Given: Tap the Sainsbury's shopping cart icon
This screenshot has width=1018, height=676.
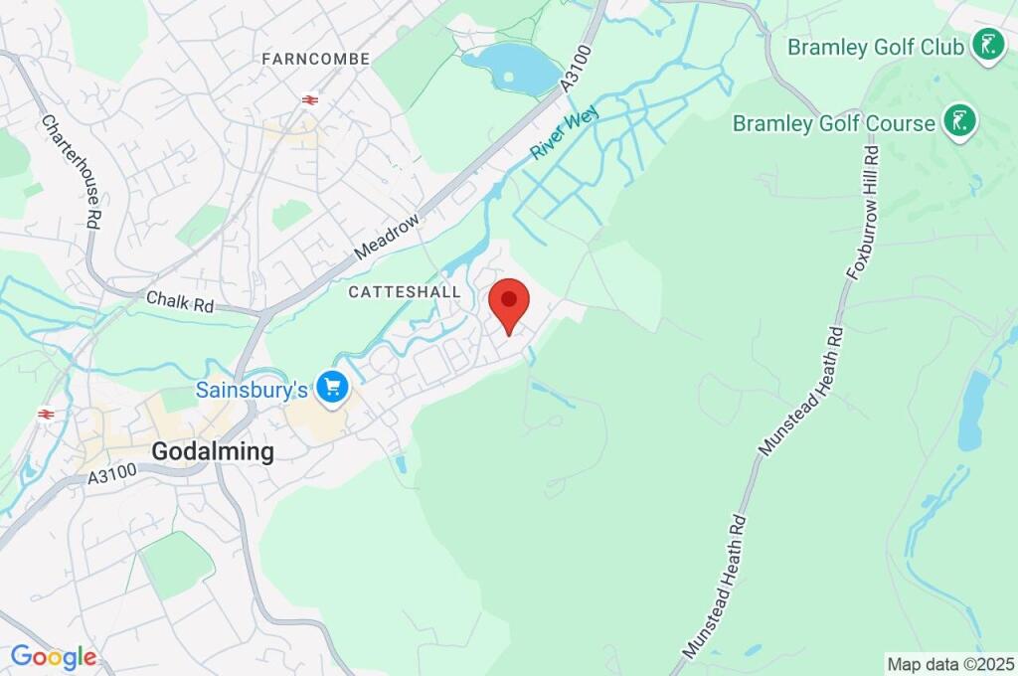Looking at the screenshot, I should [331, 388].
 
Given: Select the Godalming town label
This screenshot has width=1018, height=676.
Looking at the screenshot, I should [212, 451].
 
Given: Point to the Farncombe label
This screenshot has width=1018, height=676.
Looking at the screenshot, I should [316, 60].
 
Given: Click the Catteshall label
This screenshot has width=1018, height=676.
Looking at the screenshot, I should [405, 292].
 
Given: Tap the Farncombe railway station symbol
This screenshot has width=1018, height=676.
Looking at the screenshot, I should [310, 99].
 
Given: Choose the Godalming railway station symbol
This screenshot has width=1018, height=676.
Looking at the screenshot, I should [45, 413].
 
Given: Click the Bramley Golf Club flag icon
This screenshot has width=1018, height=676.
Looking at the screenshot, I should [987, 45].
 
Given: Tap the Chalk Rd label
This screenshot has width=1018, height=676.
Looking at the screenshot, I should [180, 299].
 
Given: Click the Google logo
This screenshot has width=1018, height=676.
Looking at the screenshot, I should [53, 657].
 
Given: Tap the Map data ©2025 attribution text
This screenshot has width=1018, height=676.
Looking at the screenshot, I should [950, 663].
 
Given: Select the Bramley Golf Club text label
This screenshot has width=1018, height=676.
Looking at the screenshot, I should [876, 47].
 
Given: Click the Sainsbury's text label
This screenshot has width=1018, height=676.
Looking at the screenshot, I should [252, 390].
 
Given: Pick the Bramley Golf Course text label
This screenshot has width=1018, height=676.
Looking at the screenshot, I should [834, 123].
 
